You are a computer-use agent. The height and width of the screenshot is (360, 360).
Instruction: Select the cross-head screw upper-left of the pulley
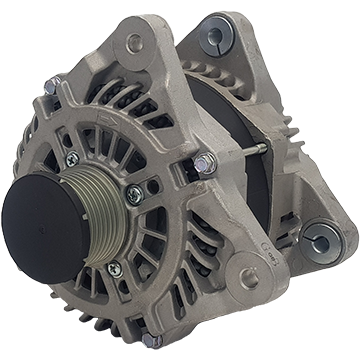tap(71, 159)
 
